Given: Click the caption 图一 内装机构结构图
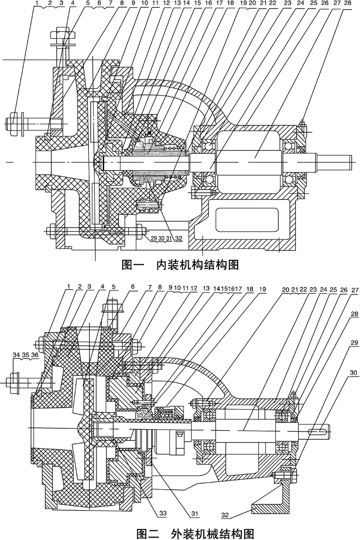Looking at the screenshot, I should tap(180, 264).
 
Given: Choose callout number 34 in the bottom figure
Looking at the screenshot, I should tap(16, 368).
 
